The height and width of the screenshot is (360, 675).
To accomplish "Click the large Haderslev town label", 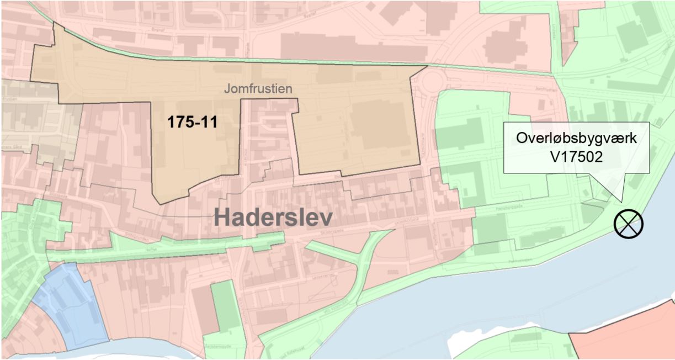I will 273,217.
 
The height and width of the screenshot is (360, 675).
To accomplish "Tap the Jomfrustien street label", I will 258,88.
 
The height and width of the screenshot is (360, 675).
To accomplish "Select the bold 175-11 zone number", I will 192,122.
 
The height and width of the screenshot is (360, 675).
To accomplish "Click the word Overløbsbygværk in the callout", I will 577,138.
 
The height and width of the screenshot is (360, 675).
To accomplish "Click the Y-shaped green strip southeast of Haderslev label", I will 362,260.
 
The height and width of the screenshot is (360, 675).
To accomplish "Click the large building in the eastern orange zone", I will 381,124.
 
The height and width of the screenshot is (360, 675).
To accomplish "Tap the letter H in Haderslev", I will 222,217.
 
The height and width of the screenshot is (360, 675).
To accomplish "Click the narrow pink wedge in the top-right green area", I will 568,28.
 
